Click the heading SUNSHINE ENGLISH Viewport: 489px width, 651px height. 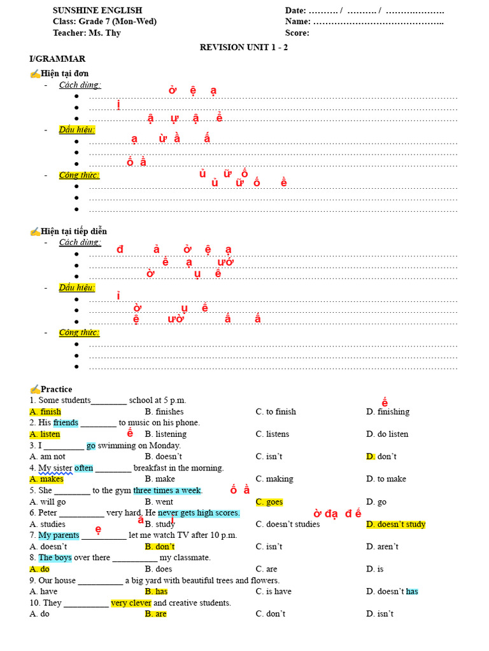click(x=97, y=10)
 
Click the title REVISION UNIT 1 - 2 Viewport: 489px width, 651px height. click(x=244, y=47)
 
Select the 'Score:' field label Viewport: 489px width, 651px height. click(x=297, y=33)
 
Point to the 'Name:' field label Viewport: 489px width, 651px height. click(x=298, y=22)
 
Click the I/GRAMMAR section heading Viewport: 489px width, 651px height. click(x=57, y=59)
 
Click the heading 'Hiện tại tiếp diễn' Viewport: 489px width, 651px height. click(x=74, y=231)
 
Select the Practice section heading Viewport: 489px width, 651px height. click(x=56, y=389)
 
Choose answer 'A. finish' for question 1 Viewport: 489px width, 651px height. click(x=45, y=412)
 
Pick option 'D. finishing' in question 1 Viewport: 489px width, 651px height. click(x=388, y=412)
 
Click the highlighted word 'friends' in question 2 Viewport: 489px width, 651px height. click(x=66, y=423)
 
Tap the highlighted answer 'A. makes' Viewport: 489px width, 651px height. click(x=46, y=479)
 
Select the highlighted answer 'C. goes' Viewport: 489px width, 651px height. click(x=269, y=502)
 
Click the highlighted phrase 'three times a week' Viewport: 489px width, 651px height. click(x=167, y=491)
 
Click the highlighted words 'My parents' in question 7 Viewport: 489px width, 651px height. click(x=59, y=535)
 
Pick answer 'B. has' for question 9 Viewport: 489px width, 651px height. click(x=156, y=592)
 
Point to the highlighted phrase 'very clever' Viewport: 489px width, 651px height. click(x=131, y=603)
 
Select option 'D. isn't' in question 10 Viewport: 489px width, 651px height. click(x=380, y=614)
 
